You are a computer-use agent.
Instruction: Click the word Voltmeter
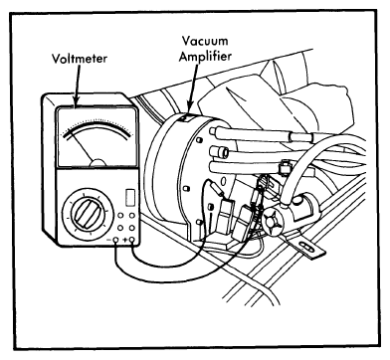point(80,59)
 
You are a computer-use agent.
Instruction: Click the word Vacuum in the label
point(205,41)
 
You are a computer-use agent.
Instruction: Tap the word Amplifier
point(205,56)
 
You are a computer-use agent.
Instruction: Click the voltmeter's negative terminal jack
point(115,240)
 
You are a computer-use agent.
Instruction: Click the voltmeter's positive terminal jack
point(133,240)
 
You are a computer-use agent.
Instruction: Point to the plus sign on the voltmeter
point(125,240)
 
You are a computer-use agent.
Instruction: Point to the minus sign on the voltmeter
point(108,240)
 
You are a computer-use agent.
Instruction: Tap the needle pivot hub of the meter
point(98,162)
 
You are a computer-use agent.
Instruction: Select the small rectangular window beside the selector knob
point(130,197)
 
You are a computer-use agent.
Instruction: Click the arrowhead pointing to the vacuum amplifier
point(190,108)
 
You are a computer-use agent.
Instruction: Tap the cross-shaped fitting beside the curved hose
point(274,220)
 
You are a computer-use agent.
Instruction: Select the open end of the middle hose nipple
point(224,152)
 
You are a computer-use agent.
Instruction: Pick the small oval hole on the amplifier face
point(224,182)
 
